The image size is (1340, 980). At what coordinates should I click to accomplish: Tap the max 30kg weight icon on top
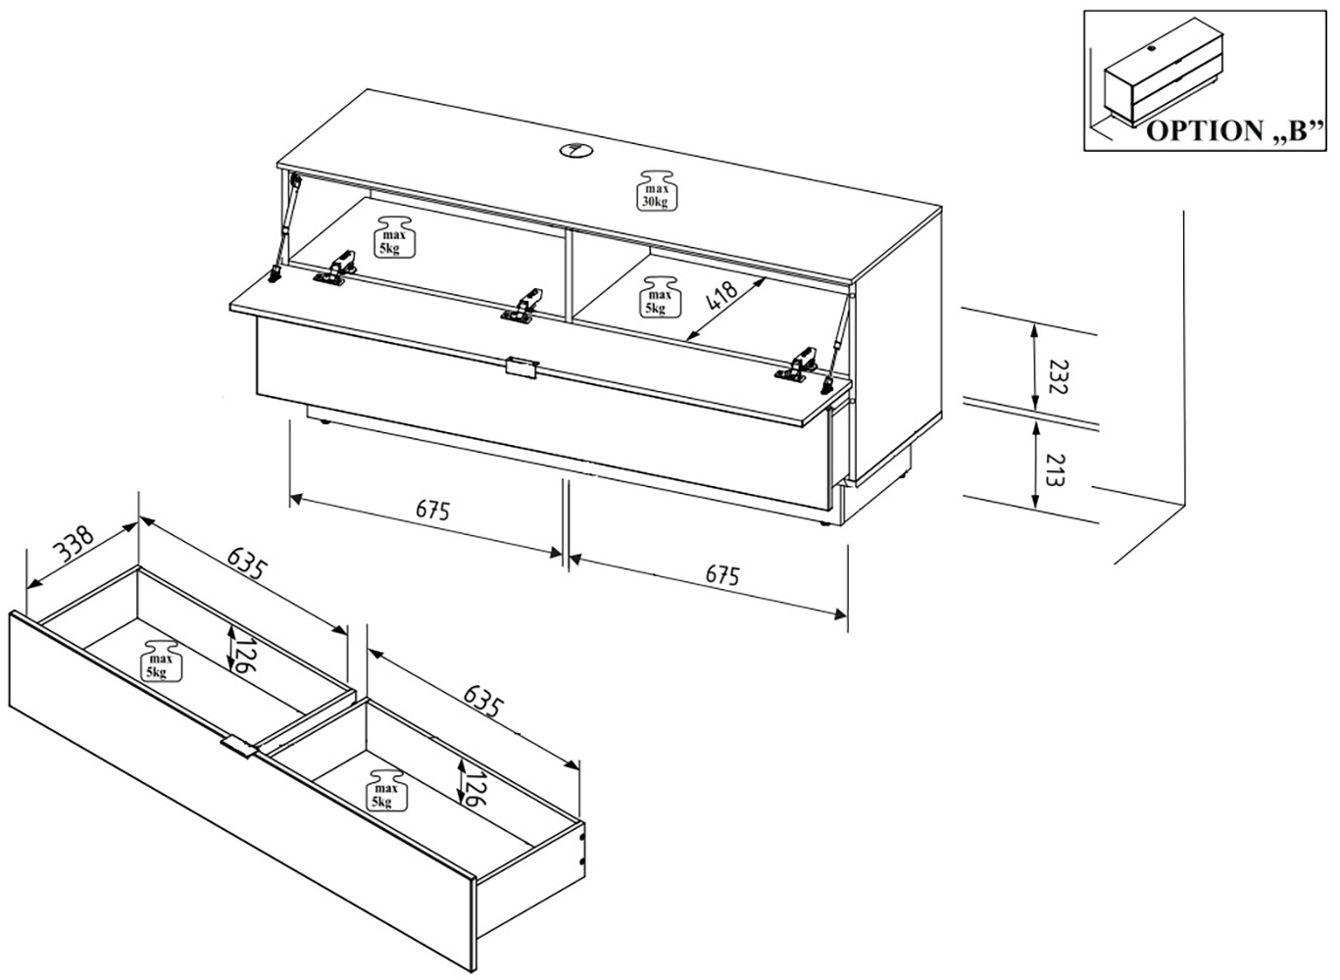(655, 190)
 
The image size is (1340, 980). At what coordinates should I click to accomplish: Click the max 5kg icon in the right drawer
(383, 790)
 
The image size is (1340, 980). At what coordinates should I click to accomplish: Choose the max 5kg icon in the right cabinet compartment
(658, 295)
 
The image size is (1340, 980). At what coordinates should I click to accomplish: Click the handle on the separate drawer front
(239, 747)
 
